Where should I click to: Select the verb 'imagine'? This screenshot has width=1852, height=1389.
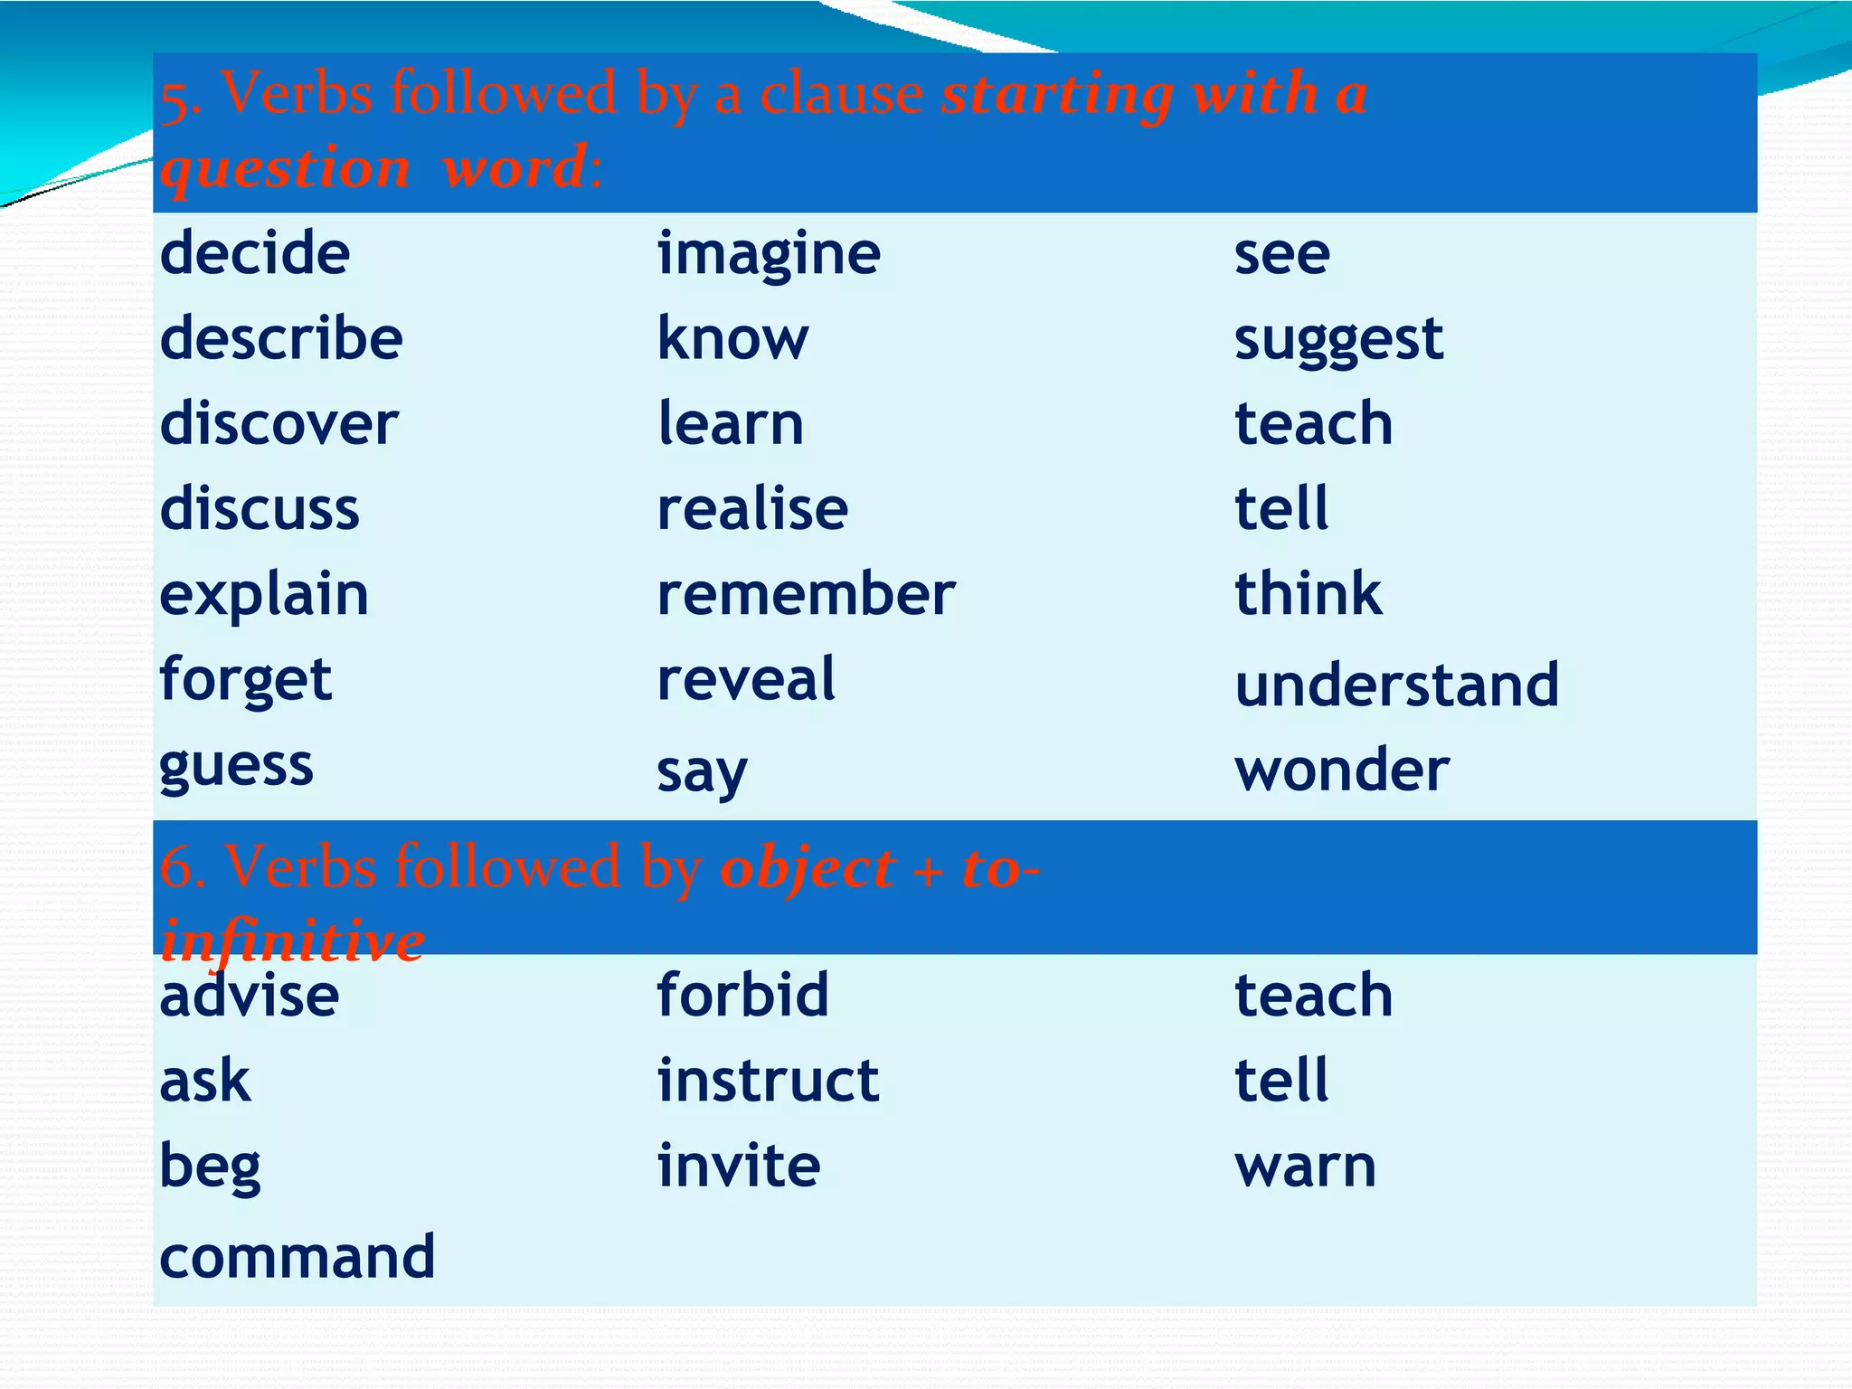[x=769, y=254]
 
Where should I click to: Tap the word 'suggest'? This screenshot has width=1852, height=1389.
[x=1338, y=340]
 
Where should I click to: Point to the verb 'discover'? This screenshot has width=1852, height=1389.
[x=279, y=423]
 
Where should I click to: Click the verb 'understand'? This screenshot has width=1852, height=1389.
[x=1397, y=685]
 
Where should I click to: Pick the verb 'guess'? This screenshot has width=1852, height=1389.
[x=236, y=768]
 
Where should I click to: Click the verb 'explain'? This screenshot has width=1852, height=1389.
[x=264, y=596]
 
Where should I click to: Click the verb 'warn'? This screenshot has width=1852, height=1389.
[x=1305, y=1166]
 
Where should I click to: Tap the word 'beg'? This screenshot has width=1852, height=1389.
[x=210, y=1167]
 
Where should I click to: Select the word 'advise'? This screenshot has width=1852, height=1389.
[x=250, y=996]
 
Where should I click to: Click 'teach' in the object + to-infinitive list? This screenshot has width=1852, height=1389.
[x=1313, y=995]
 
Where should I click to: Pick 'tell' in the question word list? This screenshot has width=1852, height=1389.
[x=1281, y=508]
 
